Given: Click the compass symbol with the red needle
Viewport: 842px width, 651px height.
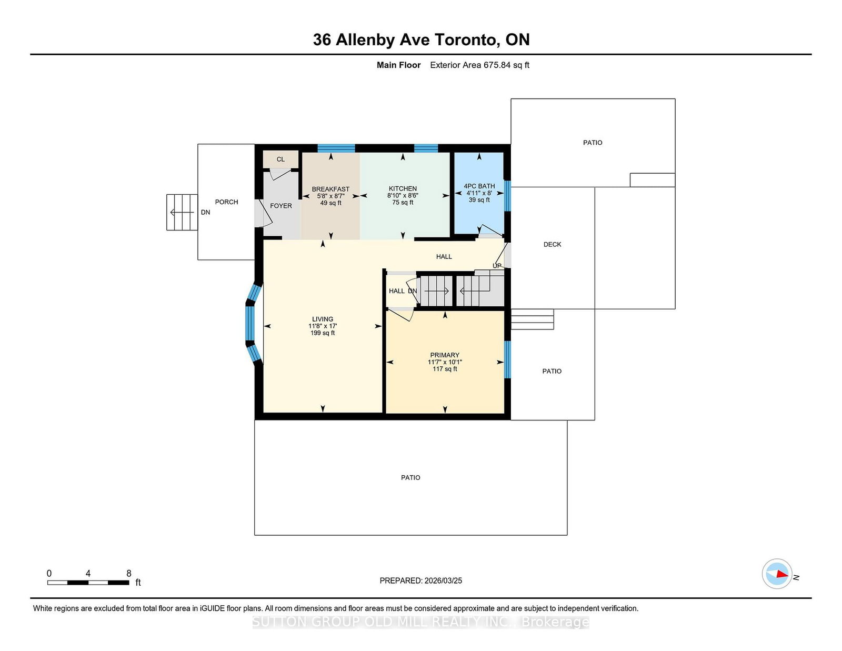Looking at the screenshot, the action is pyautogui.click(x=777, y=574).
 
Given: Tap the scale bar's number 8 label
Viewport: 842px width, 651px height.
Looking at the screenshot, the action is pyautogui.click(x=128, y=573).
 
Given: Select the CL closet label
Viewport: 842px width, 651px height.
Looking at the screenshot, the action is pyautogui.click(x=280, y=159).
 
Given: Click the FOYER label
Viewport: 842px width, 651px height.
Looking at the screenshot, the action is pyautogui.click(x=281, y=206).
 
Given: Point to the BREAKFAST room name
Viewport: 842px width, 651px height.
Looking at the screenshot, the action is pyautogui.click(x=330, y=189).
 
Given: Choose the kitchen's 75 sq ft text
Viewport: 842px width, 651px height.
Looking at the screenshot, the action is pyautogui.click(x=403, y=202).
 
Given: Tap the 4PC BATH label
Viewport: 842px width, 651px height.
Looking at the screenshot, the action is pyautogui.click(x=479, y=186).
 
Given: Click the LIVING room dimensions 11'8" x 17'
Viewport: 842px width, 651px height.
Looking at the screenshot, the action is pyautogui.click(x=323, y=326).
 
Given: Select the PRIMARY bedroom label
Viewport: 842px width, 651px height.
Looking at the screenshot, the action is pyautogui.click(x=445, y=355).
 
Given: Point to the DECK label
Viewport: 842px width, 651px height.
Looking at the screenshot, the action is pyautogui.click(x=552, y=245).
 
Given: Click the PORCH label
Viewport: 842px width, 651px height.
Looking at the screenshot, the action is pyautogui.click(x=227, y=202).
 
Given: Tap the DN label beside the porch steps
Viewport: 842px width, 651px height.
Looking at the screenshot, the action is pyautogui.click(x=205, y=212).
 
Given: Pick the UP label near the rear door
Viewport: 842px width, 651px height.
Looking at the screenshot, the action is pyautogui.click(x=497, y=266).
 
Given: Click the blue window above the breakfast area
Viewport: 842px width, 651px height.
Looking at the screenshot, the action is pyautogui.click(x=336, y=148).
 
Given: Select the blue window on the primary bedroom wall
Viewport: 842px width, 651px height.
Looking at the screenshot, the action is pyautogui.click(x=507, y=359).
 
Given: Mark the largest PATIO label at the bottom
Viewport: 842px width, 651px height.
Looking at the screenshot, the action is pyautogui.click(x=410, y=478).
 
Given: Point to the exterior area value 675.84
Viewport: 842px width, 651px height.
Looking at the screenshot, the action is pyautogui.click(x=497, y=65).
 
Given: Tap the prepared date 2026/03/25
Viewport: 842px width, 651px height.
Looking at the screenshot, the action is pyautogui.click(x=443, y=580).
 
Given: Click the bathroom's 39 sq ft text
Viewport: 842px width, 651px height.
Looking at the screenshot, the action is pyautogui.click(x=479, y=200).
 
